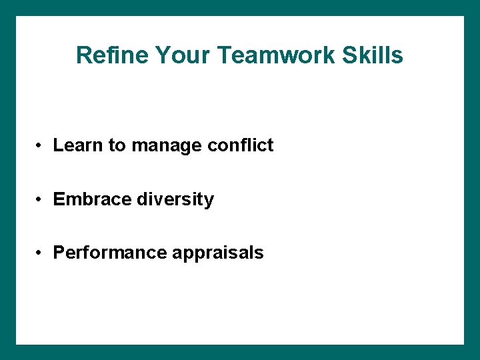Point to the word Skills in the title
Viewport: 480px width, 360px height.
point(373,55)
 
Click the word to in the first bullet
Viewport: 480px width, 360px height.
point(117,146)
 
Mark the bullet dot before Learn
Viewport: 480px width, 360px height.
point(41,146)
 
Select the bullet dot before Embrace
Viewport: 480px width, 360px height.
point(41,200)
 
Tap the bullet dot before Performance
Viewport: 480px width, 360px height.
point(41,253)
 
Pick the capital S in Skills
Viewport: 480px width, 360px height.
point(350,55)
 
